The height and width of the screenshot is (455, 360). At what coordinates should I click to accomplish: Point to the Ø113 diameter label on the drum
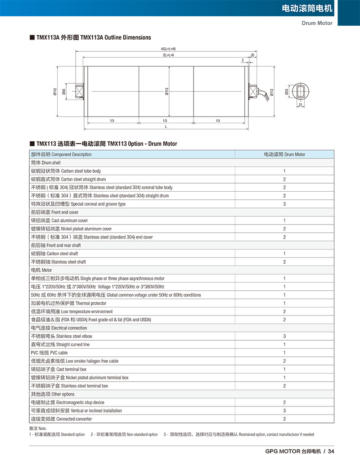coord(166,92)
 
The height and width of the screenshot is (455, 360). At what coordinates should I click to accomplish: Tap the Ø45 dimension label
coord(64,92)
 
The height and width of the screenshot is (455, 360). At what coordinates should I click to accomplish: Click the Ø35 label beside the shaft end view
coord(287,92)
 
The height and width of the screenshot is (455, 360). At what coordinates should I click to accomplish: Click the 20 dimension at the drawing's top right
coord(252,55)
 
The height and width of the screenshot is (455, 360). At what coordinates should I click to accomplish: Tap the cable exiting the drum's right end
coord(269,94)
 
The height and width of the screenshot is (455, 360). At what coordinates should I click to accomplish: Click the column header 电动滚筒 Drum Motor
coord(284,154)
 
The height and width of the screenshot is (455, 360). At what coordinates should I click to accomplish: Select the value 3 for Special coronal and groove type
coord(284,204)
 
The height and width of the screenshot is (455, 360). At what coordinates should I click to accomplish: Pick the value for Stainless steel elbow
coord(284,336)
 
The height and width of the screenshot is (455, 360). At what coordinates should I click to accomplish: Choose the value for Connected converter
coord(284,419)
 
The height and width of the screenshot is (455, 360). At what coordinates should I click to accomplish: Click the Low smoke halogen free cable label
coord(75,361)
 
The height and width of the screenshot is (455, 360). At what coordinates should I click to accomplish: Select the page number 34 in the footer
coord(331,451)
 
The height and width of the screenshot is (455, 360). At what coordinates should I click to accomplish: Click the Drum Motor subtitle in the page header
coord(317,23)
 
